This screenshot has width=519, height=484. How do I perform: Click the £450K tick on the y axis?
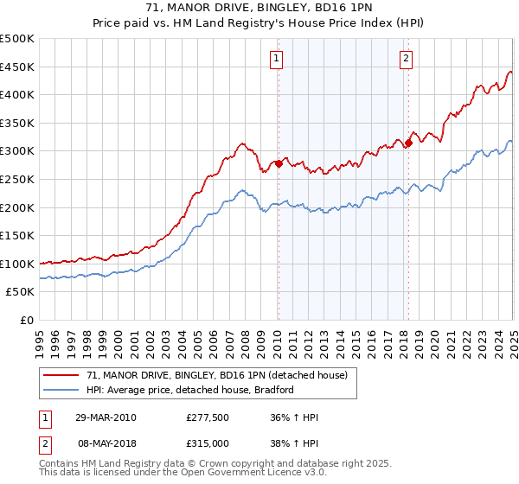(18, 67)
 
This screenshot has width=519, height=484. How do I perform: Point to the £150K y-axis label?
(18, 235)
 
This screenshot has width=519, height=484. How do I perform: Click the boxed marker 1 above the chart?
(276, 59)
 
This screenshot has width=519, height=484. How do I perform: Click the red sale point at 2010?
(279, 162)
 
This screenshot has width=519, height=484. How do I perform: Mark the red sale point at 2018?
(408, 143)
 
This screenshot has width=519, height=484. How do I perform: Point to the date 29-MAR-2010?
(106, 417)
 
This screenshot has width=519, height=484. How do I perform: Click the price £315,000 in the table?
(207, 443)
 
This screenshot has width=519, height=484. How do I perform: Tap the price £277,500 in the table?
(207, 417)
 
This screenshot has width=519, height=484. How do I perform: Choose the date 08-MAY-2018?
(106, 443)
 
